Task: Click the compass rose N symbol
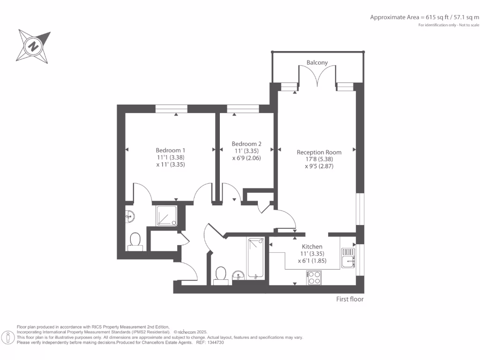tap(33, 46)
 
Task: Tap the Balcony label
tap(317, 62)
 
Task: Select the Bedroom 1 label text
tap(171, 150)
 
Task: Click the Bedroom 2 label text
tap(247, 144)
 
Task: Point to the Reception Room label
tap(319, 152)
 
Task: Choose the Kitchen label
tap(312, 247)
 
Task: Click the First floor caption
tap(350, 299)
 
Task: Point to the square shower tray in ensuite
tap(166, 216)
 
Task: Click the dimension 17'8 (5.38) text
tap(319, 159)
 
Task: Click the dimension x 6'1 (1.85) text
tap(312, 261)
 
